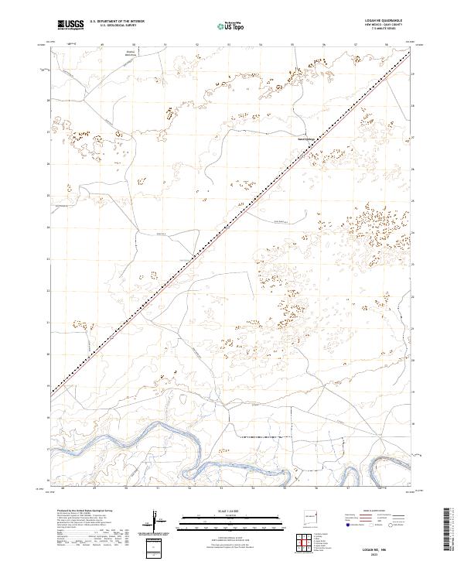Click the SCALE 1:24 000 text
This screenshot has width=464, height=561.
coord(221,511)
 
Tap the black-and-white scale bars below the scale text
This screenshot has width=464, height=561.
coord(221,521)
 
